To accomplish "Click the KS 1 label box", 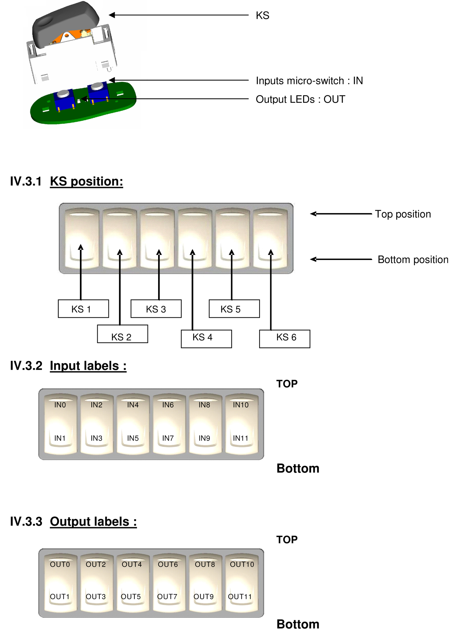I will (x=83, y=309).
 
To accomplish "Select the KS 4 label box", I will (x=206, y=339).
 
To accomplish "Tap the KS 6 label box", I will (x=284, y=339).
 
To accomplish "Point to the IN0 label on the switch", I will (x=60, y=405).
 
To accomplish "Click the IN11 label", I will (x=241, y=438).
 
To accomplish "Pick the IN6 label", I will (x=168, y=405).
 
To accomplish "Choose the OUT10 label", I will (x=242, y=564).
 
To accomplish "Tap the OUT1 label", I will (x=60, y=597).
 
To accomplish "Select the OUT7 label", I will (x=167, y=597).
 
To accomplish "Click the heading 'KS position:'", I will (x=86, y=182).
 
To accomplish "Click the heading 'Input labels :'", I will (x=88, y=366).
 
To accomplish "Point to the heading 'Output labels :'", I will (x=93, y=522).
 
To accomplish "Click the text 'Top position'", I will (x=403, y=214).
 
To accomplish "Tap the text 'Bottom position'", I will (x=413, y=259).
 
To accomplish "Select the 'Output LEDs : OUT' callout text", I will (x=300, y=99).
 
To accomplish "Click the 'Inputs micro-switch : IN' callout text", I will (x=309, y=80).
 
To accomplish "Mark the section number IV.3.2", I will (x=26, y=366).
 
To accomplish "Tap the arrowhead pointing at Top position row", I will (x=313, y=214).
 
